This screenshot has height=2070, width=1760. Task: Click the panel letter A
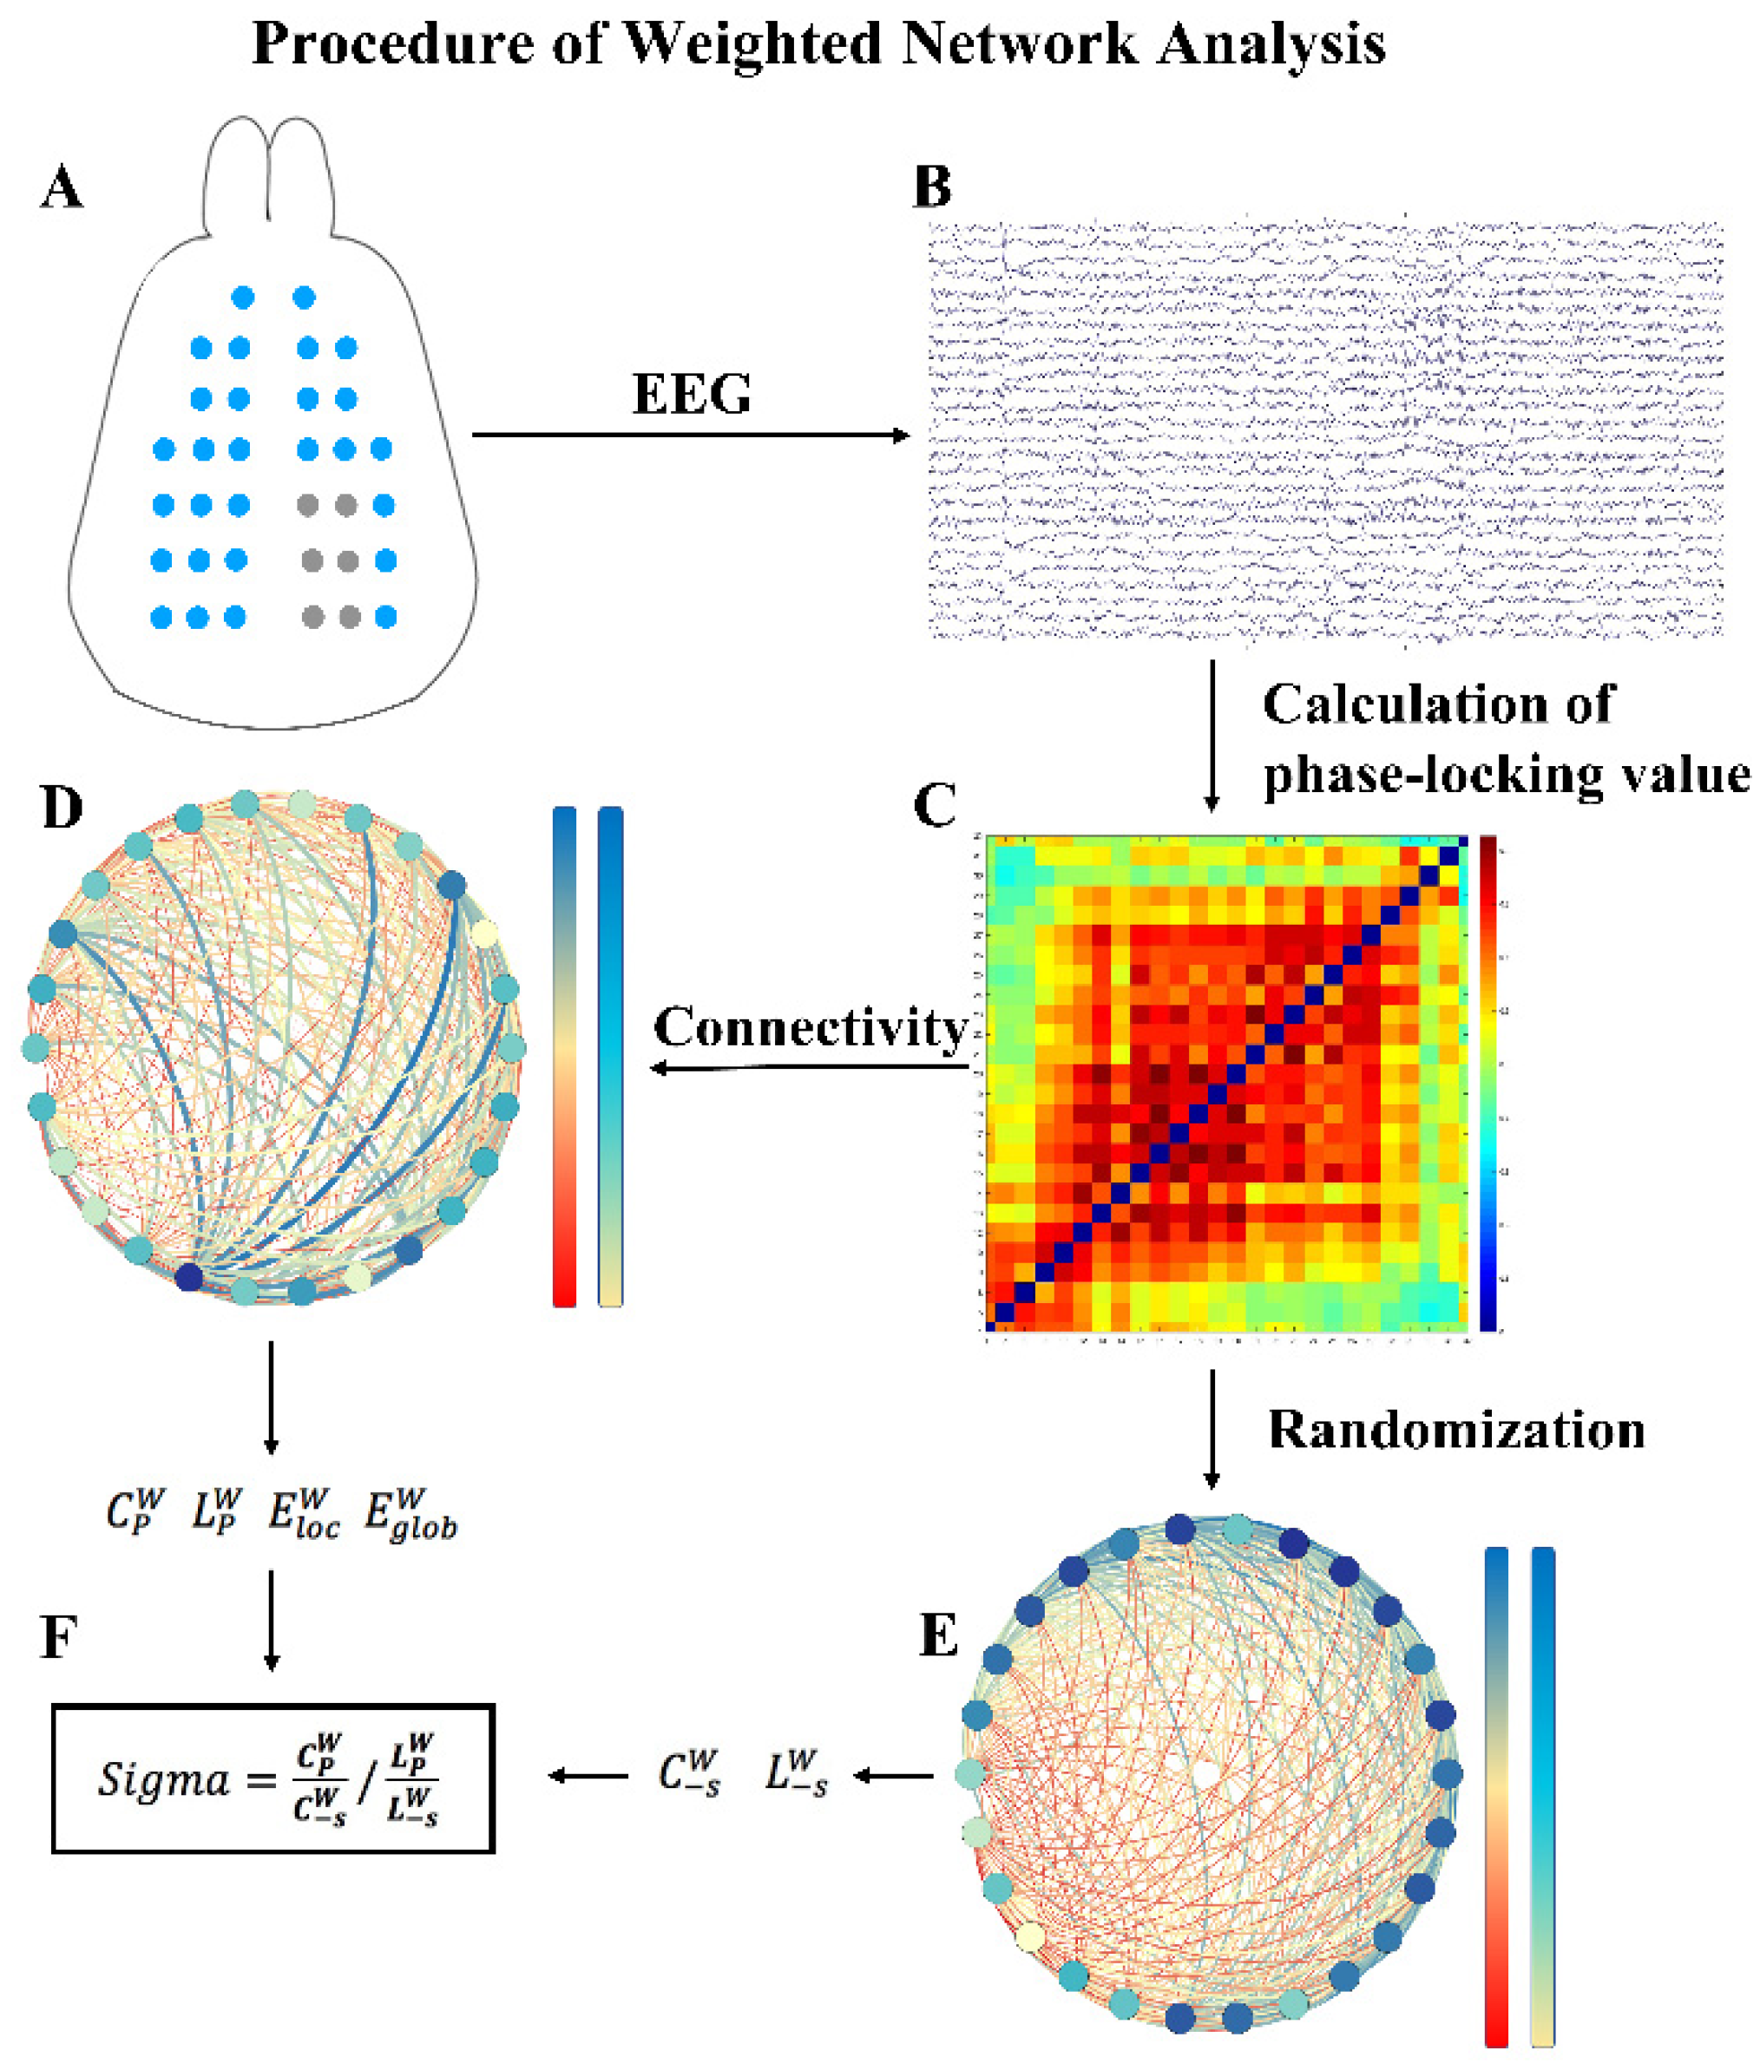(62, 187)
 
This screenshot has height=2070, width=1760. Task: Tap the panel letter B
(932, 187)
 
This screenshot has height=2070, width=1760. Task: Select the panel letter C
(935, 805)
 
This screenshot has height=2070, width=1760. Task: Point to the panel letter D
(62, 807)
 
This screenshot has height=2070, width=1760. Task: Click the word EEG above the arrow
(692, 394)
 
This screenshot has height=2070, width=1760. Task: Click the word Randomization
(1455, 1430)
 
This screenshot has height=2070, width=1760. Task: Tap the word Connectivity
(811, 1026)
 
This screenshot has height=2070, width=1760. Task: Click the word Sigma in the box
(162, 1778)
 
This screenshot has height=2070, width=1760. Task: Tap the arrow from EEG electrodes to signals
(691, 435)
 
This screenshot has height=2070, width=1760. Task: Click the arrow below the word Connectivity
(809, 1067)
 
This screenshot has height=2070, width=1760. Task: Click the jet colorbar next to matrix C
(1488, 1083)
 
